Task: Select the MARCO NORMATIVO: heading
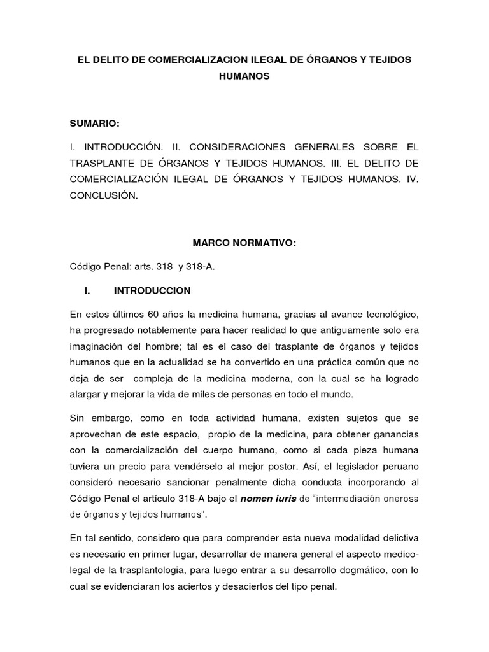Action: click(244, 243)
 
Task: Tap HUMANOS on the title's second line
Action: click(244, 76)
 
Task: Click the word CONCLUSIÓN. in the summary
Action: click(104, 195)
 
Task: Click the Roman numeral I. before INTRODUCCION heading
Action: click(89, 290)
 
